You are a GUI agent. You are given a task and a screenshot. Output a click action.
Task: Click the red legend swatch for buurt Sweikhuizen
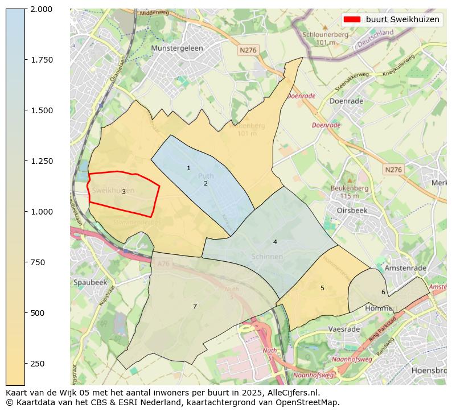click(352, 19)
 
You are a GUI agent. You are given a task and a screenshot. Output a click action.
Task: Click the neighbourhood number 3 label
click(124, 192)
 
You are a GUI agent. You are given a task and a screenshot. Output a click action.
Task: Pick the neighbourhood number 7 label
click(195, 307)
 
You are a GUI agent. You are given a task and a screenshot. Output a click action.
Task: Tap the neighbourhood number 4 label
click(275, 242)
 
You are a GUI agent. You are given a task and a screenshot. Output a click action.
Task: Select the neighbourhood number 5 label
click(322, 289)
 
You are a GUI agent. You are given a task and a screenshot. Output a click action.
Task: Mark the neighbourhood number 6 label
click(383, 292)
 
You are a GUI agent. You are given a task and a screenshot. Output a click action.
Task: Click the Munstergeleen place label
click(177, 49)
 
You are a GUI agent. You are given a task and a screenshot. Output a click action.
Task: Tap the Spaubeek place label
click(90, 282)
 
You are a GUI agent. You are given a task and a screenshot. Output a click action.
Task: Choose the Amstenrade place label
click(405, 268)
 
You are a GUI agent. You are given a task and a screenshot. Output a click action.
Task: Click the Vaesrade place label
click(344, 329)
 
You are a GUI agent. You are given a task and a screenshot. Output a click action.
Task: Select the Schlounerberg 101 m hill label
click(325, 38)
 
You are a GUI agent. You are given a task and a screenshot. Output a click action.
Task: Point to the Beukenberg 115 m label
click(349, 192)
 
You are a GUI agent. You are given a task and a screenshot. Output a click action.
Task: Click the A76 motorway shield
click(164, 263)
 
